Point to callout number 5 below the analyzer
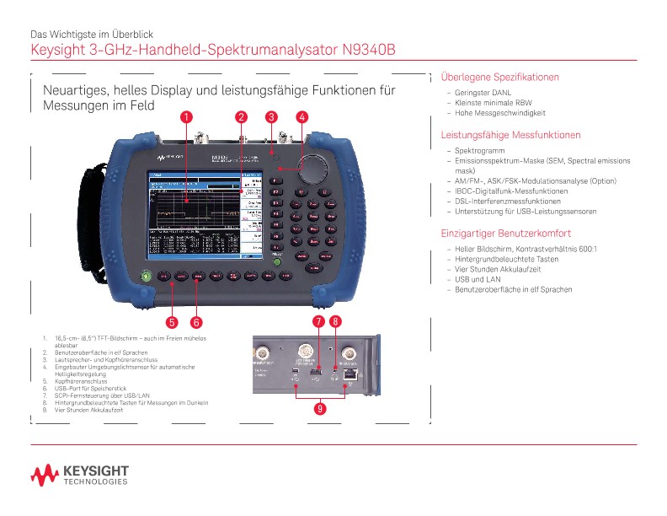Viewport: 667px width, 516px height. coord(172,321)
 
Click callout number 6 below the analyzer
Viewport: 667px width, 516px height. coord(195,321)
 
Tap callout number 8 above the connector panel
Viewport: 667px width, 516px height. coord(335,321)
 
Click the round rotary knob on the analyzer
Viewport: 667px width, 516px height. coord(312,169)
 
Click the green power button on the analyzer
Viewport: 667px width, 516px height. coord(147,275)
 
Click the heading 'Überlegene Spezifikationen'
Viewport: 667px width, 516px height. coord(500,77)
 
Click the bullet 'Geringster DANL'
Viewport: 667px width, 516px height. coord(483,94)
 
